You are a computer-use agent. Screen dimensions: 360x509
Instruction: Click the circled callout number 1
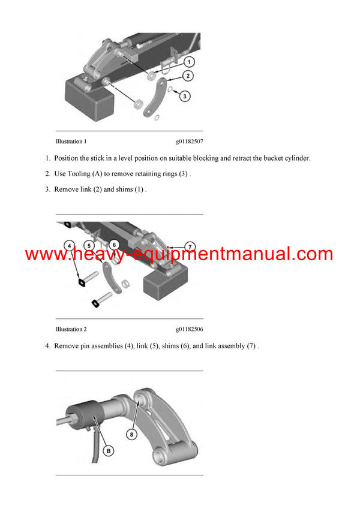(189, 62)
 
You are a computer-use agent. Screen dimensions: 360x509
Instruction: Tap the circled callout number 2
(188, 76)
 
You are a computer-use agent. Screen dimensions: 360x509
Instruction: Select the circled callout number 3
(185, 96)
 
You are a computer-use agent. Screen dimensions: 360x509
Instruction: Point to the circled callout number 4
(69, 246)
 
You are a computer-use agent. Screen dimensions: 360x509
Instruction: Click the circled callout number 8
(131, 434)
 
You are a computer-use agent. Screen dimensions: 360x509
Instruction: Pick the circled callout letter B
(109, 451)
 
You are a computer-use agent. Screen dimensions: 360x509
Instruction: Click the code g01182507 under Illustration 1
(190, 141)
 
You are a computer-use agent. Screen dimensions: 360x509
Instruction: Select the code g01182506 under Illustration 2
(190, 329)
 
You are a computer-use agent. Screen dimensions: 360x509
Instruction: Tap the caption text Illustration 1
(71, 141)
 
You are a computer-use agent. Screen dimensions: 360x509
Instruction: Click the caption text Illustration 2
(71, 329)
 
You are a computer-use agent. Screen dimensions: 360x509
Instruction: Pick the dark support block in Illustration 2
(166, 281)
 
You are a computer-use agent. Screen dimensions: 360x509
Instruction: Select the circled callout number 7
(190, 248)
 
